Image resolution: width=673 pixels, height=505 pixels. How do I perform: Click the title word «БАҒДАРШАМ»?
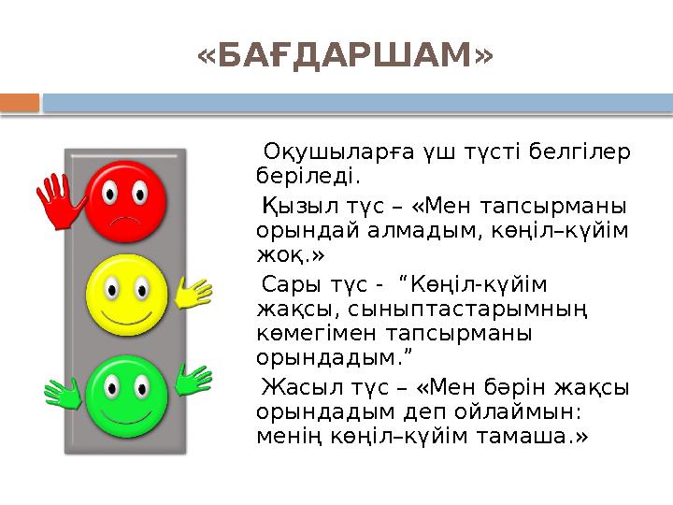pos(343,58)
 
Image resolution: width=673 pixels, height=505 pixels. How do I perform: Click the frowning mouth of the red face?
pos(126,222)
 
